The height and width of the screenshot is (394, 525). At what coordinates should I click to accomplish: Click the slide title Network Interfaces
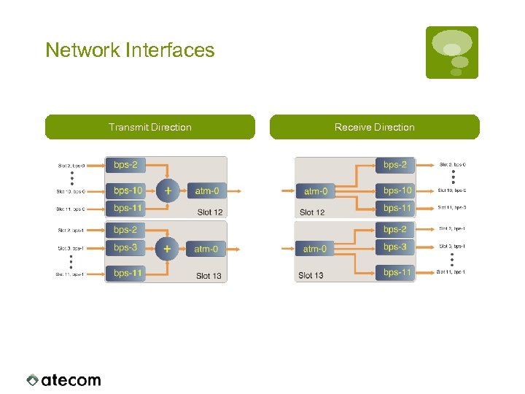click(130, 50)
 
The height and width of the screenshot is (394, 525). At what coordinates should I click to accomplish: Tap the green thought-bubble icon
click(452, 52)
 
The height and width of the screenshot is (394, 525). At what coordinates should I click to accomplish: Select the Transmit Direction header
click(150, 127)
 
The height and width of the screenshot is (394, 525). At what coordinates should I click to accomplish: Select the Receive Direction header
click(374, 127)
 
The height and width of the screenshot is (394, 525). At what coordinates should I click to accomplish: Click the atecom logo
click(63, 379)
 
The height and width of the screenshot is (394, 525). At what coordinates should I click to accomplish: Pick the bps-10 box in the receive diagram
click(396, 190)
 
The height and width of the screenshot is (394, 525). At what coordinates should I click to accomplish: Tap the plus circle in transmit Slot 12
click(168, 190)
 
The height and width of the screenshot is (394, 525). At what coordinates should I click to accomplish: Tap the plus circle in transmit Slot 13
click(168, 249)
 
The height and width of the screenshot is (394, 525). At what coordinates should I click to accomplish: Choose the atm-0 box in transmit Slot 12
click(206, 191)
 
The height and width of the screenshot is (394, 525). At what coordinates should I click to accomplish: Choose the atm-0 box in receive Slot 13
click(316, 249)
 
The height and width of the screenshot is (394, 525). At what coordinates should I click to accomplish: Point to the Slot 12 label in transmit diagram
click(209, 212)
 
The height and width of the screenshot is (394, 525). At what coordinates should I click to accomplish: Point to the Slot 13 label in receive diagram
click(311, 275)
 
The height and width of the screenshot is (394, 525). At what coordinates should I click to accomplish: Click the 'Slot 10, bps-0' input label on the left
click(71, 191)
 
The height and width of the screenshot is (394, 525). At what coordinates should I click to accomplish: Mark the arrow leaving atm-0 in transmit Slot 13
click(235, 249)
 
